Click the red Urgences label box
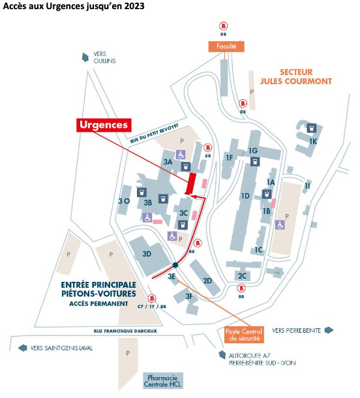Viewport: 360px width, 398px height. [x=104, y=125]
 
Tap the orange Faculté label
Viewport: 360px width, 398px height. [x=226, y=46]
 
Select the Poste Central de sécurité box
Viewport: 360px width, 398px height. [x=244, y=335]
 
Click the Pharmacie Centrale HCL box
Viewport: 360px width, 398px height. [x=162, y=381]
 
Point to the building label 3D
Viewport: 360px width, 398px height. [x=147, y=254]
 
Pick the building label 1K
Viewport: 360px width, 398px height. [x=313, y=142]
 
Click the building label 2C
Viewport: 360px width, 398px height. [x=242, y=275]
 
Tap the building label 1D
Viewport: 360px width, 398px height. [x=245, y=196]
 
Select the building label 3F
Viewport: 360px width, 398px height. [x=189, y=296]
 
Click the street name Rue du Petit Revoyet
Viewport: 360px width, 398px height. [x=155, y=134]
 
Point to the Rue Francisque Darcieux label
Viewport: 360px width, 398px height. [x=125, y=331]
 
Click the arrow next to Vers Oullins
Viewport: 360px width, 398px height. [x=85, y=57]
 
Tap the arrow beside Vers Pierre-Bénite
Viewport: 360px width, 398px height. [x=329, y=330]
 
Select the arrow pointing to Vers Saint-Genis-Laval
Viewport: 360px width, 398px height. [x=23, y=348]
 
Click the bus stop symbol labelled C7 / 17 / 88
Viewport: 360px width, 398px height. [x=152, y=298]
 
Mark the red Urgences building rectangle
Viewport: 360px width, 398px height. [x=191, y=184]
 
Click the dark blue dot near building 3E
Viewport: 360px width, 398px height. [x=175, y=266]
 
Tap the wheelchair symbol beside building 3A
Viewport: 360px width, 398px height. [x=181, y=155]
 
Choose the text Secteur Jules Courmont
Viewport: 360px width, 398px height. [x=296, y=76]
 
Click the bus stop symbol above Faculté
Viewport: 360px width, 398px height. [x=223, y=26]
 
